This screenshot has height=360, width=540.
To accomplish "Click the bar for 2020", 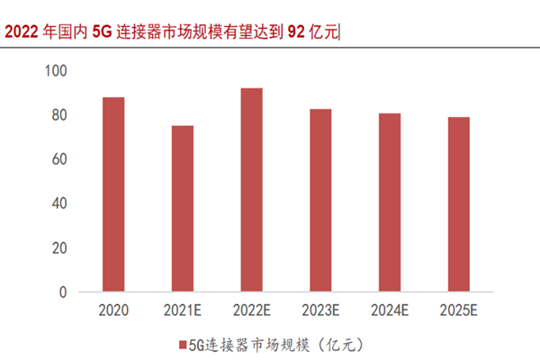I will (x=113, y=194).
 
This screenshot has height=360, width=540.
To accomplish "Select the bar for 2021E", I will (x=182, y=209).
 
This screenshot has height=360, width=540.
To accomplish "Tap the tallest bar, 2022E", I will (x=251, y=190).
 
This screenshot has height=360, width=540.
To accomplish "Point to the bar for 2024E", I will (x=389, y=202).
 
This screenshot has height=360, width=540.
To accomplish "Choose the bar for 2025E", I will (x=458, y=204).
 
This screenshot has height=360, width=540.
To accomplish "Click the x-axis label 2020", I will (x=113, y=310).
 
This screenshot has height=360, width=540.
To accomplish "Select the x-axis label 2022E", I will (x=251, y=310).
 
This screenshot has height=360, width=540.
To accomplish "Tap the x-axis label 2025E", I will (x=458, y=310).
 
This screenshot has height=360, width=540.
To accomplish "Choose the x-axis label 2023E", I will (x=319, y=310).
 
